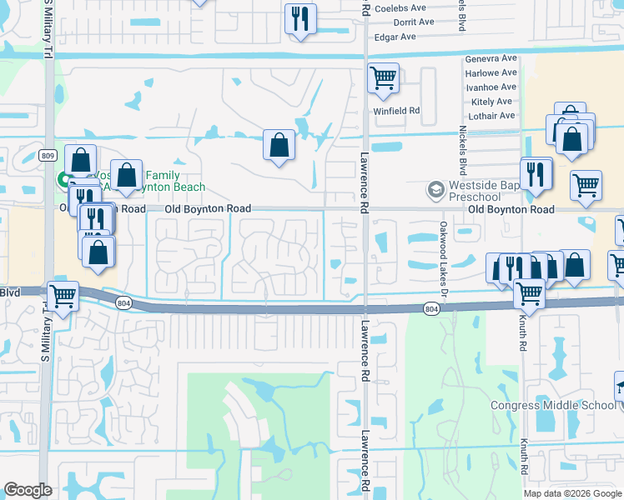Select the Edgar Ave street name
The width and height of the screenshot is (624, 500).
[x=396, y=37]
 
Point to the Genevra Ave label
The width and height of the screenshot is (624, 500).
[x=491, y=59]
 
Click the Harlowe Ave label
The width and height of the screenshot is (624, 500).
[x=491, y=73]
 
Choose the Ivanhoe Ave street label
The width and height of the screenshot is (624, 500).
[x=491, y=87]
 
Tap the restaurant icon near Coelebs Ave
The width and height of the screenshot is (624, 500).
[x=300, y=18]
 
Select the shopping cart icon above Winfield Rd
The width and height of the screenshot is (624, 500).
[x=383, y=78]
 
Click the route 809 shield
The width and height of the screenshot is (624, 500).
[x=48, y=155]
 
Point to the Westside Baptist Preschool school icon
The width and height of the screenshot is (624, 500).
[x=435, y=191]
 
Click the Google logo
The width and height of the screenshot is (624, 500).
[x=28, y=491]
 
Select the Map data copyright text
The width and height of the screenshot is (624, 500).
[x=572, y=493]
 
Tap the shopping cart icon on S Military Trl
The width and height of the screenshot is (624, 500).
[x=63, y=295]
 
